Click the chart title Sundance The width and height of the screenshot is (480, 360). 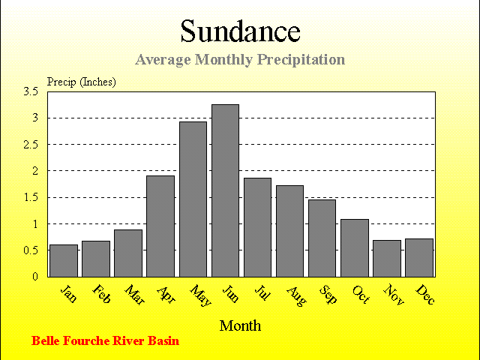click(240, 31)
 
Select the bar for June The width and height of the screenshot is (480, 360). click(225, 190)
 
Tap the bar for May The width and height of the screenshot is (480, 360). click(193, 199)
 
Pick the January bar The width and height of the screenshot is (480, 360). click(64, 261)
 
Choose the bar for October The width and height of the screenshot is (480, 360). click(355, 248)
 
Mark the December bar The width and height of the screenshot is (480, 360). click(419, 258)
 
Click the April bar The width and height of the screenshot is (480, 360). click(160, 226)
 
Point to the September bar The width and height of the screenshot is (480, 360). click(322, 238)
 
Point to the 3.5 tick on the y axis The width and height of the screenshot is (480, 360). click(31, 91)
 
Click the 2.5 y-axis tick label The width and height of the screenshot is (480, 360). click(31, 144)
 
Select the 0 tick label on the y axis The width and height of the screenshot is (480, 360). click(35, 276)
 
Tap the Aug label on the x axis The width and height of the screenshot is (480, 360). click(296, 296)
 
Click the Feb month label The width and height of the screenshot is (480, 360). click(101, 294)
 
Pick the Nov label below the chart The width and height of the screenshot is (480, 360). click(393, 295)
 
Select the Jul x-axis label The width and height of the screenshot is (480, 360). click(262, 292)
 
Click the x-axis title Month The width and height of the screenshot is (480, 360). click(240, 325)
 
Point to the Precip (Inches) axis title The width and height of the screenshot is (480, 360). click(82, 82)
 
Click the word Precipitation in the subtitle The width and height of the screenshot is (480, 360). click(301, 60)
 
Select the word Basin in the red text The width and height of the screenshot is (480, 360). click(163, 340)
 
